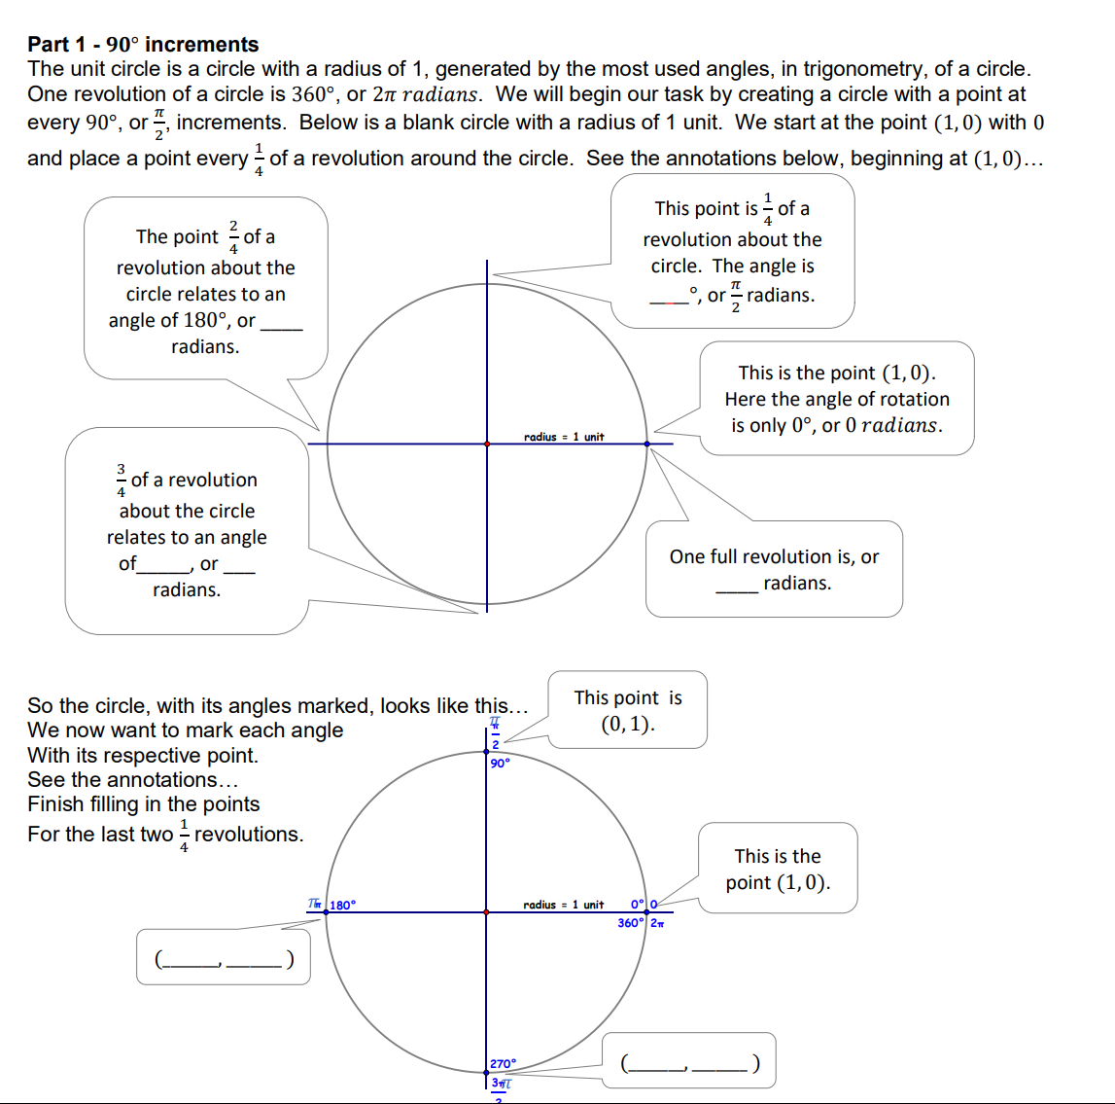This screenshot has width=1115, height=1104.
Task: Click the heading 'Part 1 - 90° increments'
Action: [143, 44]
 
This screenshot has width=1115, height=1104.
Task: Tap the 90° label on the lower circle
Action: [500, 764]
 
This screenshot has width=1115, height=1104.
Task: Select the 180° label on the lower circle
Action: [343, 905]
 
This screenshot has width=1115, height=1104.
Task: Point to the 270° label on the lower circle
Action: [504, 1064]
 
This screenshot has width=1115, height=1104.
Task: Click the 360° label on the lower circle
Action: [630, 923]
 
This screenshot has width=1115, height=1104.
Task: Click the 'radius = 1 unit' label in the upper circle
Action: [564, 437]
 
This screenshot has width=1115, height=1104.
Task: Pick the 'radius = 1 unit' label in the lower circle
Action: [564, 905]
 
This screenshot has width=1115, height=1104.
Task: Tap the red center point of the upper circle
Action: [487, 444]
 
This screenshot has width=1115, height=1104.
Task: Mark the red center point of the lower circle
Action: [487, 912]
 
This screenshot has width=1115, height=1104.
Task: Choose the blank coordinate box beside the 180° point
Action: [224, 958]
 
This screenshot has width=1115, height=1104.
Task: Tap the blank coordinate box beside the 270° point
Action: [689, 1062]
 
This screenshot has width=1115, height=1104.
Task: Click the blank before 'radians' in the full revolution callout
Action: [736, 585]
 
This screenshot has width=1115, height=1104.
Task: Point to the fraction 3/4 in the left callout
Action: [121, 480]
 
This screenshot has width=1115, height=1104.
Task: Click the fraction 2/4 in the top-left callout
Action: [233, 236]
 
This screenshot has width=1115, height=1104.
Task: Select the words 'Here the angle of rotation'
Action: [837, 399]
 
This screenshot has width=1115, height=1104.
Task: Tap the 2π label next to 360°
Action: [657, 923]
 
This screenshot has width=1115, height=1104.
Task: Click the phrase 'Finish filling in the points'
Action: [144, 804]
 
